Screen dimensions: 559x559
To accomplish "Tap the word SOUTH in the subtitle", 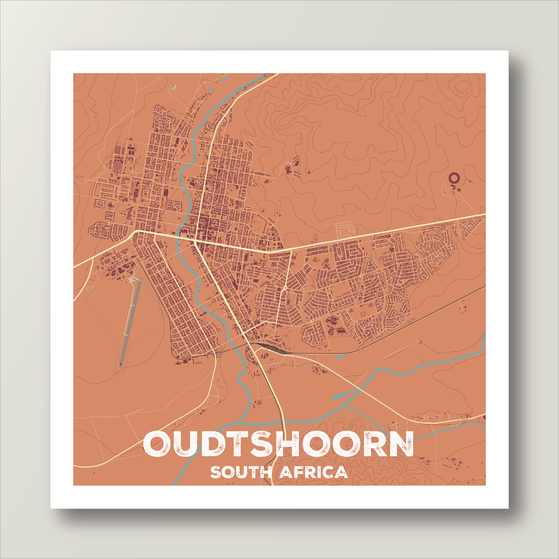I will point(240,472).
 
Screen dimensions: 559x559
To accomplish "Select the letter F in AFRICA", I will point(297,472).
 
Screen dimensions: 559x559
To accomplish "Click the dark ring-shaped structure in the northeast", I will point(453,177).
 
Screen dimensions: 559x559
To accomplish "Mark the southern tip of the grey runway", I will point(121,365).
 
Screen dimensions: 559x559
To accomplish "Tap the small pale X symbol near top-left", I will point(174,86).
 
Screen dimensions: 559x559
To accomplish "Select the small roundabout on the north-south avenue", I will point(284,287).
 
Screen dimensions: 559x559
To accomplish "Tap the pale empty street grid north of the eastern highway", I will point(344,229).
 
